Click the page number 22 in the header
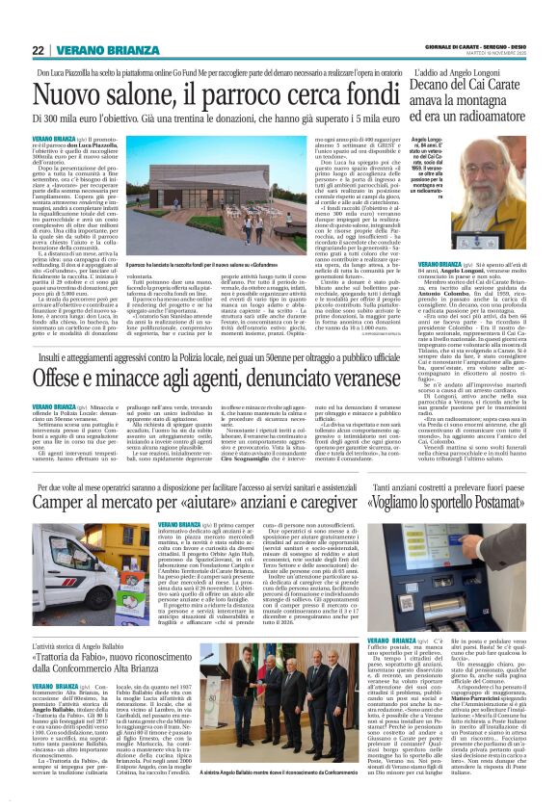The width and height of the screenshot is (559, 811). tap(38, 50)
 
